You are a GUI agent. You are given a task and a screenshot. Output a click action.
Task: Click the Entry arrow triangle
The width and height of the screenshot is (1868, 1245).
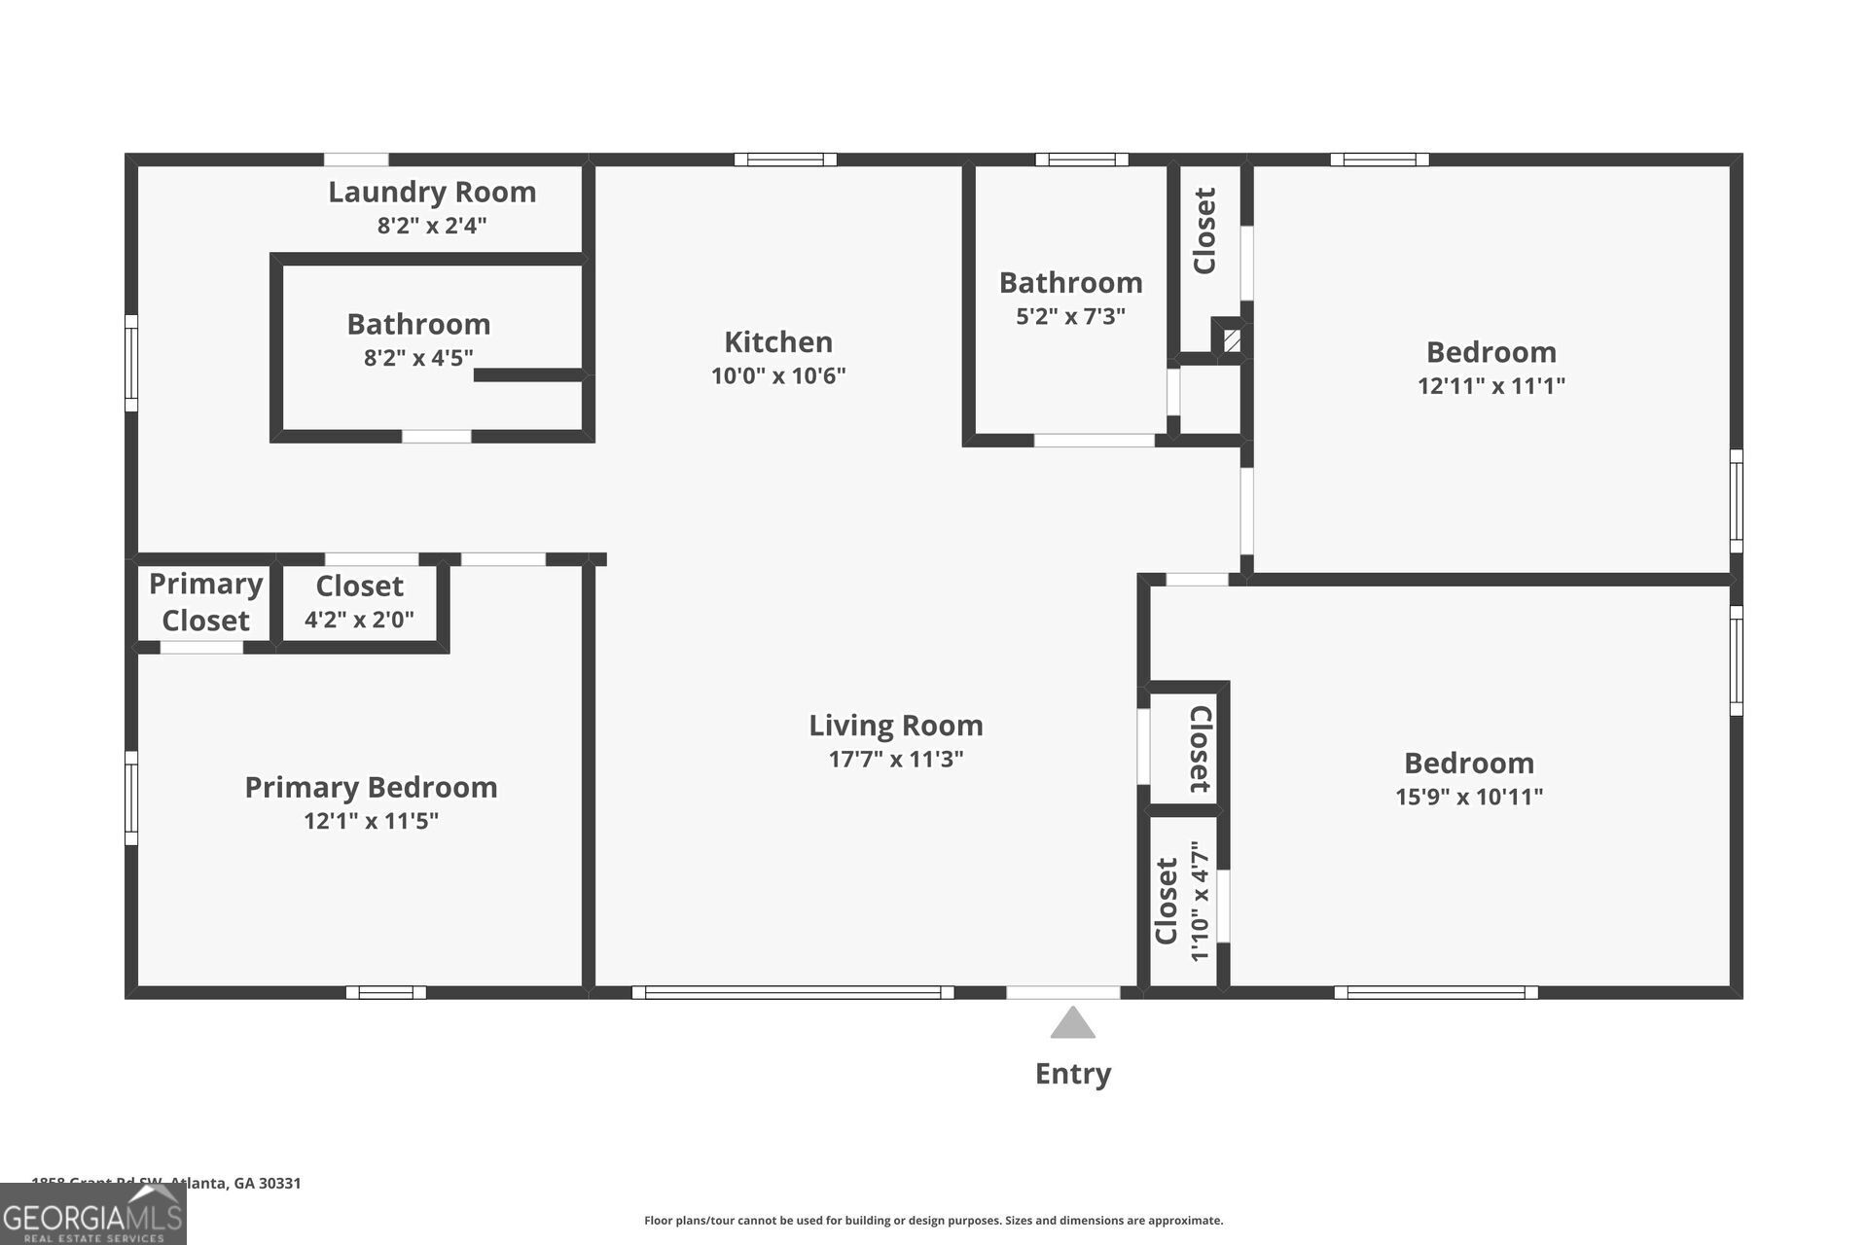(1072, 1024)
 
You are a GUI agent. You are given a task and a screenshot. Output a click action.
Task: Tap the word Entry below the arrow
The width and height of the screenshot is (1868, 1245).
(1072, 1074)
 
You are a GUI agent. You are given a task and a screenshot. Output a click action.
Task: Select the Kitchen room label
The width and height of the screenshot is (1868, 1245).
(777, 341)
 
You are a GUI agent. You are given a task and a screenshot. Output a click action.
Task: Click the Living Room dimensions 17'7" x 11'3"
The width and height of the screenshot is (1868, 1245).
(895, 760)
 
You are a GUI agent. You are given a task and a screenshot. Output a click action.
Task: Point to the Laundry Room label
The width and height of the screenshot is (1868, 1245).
(432, 192)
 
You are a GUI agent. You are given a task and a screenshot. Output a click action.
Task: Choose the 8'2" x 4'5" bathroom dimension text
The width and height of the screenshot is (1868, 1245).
(418, 358)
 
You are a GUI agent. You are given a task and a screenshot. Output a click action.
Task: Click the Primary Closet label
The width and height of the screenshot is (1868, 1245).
(205, 602)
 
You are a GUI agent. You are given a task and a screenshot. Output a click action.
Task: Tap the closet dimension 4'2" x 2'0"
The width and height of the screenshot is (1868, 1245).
(359, 620)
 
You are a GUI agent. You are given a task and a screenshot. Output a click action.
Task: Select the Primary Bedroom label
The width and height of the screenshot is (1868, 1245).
(371, 787)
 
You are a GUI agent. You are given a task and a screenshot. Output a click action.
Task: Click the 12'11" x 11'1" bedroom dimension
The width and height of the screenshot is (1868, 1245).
(1491, 386)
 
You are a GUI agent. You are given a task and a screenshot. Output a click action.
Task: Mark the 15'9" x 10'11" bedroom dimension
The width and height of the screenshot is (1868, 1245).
(1468, 797)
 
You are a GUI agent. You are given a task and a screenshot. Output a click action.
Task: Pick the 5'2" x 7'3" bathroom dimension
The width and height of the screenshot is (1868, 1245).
(1070, 316)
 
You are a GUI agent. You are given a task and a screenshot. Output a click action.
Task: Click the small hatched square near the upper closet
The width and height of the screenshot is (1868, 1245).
(1232, 340)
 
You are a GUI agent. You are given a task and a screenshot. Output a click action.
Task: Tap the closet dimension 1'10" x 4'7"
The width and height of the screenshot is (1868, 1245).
(1201, 902)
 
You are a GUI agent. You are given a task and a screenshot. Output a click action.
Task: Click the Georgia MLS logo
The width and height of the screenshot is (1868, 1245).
(92, 1216)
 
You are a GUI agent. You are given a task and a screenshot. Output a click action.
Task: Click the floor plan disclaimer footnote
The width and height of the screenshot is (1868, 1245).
(933, 1221)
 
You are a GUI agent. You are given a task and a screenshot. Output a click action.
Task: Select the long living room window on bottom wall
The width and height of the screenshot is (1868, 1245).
(792, 992)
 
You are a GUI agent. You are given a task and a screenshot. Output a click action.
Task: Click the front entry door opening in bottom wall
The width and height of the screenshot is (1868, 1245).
(1062, 992)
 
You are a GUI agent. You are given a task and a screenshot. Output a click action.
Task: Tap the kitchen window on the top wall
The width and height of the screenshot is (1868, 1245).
(784, 160)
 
